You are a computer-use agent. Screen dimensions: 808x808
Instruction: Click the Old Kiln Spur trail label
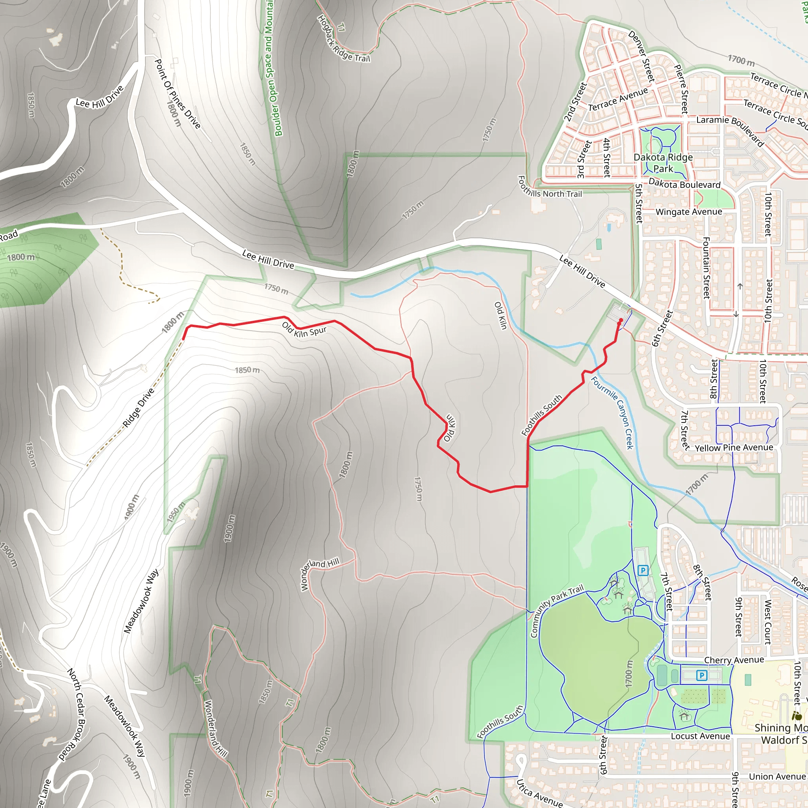click(x=304, y=329)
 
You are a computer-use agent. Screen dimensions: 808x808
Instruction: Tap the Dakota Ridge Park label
click(x=663, y=163)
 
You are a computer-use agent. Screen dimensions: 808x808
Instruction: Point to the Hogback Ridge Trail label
click(x=344, y=39)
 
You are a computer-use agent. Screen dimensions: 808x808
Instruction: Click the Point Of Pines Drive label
click(x=177, y=94)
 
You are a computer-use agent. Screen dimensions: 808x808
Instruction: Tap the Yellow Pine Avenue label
click(x=733, y=447)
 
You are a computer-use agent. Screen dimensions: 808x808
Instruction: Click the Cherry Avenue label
click(x=734, y=660)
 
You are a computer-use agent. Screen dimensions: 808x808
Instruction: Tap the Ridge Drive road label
click(x=138, y=408)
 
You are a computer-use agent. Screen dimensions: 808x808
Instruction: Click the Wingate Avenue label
click(x=688, y=211)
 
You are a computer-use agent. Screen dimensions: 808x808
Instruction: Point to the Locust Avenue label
click(x=700, y=736)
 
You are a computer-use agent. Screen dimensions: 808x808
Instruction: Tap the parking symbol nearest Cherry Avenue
click(x=701, y=675)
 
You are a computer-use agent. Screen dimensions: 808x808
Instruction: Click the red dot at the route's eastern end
click(x=621, y=320)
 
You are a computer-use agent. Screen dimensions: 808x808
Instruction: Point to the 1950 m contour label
click(x=176, y=512)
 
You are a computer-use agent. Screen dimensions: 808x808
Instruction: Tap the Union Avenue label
click(x=776, y=776)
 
